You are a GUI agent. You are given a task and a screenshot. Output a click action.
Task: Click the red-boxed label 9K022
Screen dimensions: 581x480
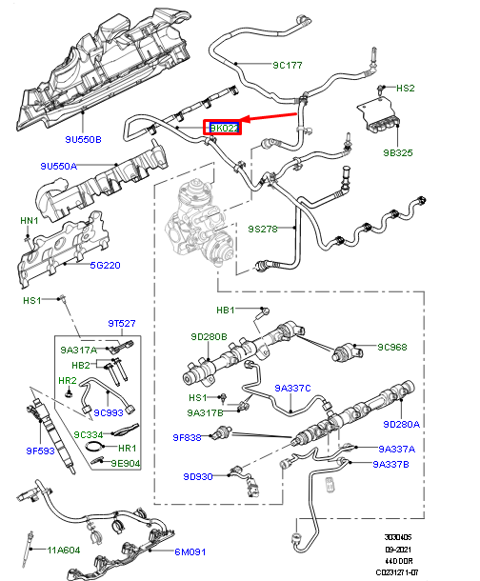pos(225,128)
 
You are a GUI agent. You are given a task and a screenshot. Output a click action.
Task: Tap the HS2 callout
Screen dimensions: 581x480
pos(406,88)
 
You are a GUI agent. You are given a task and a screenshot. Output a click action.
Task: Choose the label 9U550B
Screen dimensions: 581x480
pos(83,140)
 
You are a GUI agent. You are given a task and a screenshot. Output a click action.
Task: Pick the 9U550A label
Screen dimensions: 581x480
pos(58,166)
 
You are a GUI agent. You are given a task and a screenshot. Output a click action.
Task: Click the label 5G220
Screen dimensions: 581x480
pos(107,266)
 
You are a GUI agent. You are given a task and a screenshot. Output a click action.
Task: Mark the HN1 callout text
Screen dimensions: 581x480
pos(29,221)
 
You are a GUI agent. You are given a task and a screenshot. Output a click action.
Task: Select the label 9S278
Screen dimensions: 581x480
pos(263,229)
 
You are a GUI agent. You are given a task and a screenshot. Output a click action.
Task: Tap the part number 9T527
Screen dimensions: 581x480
pos(122,323)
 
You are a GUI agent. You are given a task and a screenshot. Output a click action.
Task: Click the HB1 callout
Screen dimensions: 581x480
pos(226,310)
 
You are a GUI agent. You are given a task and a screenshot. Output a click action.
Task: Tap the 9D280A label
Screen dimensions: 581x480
pos(401,424)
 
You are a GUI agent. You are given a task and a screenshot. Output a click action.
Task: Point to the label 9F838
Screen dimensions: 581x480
pos(188,437)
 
